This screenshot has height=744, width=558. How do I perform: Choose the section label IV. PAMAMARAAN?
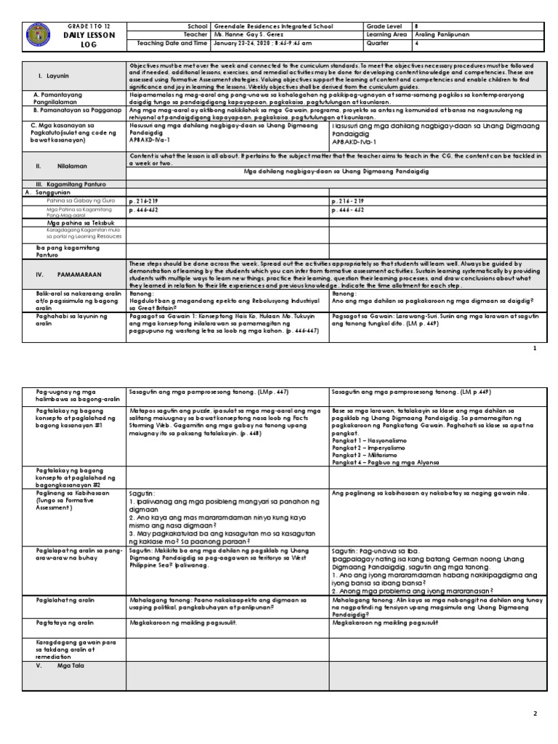coord(61,275)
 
